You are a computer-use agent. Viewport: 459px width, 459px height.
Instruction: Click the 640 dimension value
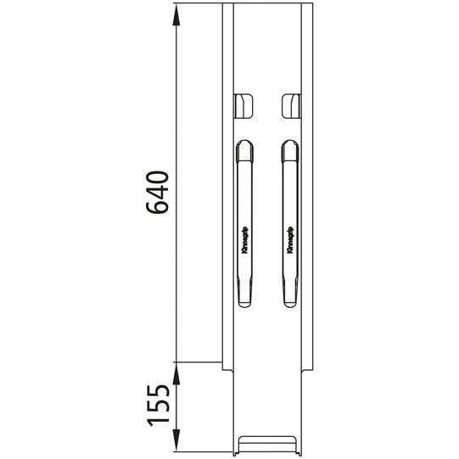[x=160, y=193]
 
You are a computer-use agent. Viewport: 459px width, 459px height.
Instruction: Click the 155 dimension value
[x=160, y=410]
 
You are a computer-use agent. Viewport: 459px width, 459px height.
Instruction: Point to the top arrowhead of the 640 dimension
[x=177, y=10]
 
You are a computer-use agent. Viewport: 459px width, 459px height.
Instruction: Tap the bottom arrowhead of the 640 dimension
[x=177, y=356]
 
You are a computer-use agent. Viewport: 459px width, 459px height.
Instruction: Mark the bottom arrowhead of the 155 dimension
[x=177, y=447]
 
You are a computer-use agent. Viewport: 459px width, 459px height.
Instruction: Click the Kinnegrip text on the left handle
[x=245, y=239]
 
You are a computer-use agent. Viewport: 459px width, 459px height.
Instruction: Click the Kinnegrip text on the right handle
[x=290, y=239]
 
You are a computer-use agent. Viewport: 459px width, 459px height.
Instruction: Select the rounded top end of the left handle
[x=244, y=148]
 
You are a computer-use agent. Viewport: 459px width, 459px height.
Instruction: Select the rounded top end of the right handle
[x=290, y=148]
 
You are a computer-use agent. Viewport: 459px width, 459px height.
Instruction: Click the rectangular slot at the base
[x=267, y=443]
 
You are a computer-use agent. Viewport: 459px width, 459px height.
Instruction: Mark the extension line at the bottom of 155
[x=204, y=454]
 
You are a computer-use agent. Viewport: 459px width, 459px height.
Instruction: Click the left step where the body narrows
[x=229, y=370]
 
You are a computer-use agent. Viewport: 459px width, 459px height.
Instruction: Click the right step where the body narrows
[x=305, y=370]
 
